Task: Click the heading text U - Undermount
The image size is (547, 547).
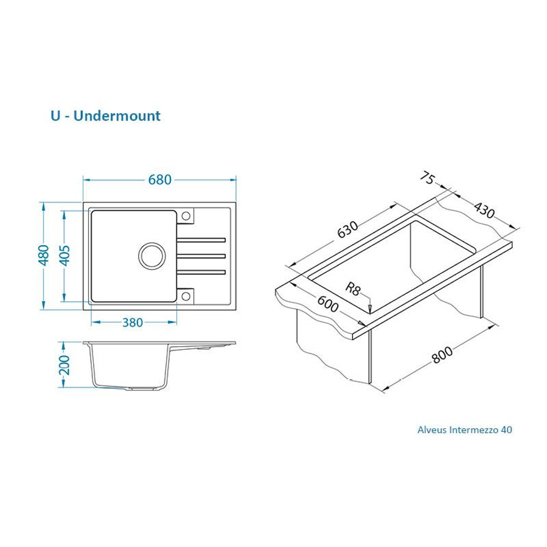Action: point(106,116)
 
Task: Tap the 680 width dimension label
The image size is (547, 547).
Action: point(160,179)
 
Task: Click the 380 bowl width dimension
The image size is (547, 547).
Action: point(132,322)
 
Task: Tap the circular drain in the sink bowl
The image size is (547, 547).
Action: point(150,256)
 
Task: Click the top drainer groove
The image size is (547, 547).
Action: point(202,239)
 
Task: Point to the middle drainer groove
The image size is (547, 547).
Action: point(202,255)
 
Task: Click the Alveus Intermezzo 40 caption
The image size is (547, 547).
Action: point(464,430)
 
